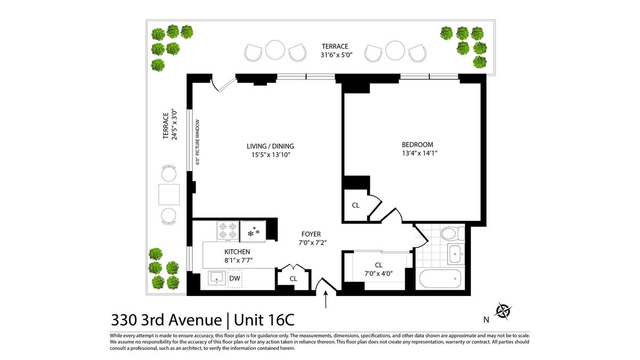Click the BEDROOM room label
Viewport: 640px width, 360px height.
[418, 145]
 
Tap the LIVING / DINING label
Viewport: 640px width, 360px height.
[270, 146]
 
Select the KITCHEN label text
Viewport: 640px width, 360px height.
[237, 252]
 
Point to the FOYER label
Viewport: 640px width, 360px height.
[311, 234]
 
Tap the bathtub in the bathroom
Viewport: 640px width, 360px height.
[441, 278]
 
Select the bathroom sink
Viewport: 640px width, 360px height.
[455, 254]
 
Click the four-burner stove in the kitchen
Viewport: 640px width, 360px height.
[228, 230]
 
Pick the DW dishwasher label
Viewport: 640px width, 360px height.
[235, 278]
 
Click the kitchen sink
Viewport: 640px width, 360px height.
[217, 278]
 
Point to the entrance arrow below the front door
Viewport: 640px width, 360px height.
[326, 300]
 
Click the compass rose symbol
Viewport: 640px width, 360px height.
[503, 311]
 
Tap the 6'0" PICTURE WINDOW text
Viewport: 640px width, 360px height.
[197, 142]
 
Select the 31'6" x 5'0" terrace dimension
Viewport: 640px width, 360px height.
[337, 54]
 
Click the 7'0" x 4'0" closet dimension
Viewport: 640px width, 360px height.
[379, 274]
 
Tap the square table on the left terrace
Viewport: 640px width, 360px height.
[169, 195]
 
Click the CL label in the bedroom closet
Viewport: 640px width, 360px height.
[355, 205]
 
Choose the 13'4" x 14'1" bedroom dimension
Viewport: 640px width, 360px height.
[420, 153]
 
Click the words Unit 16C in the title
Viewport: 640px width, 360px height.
[264, 319]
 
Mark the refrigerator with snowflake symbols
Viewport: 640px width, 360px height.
[253, 231]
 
